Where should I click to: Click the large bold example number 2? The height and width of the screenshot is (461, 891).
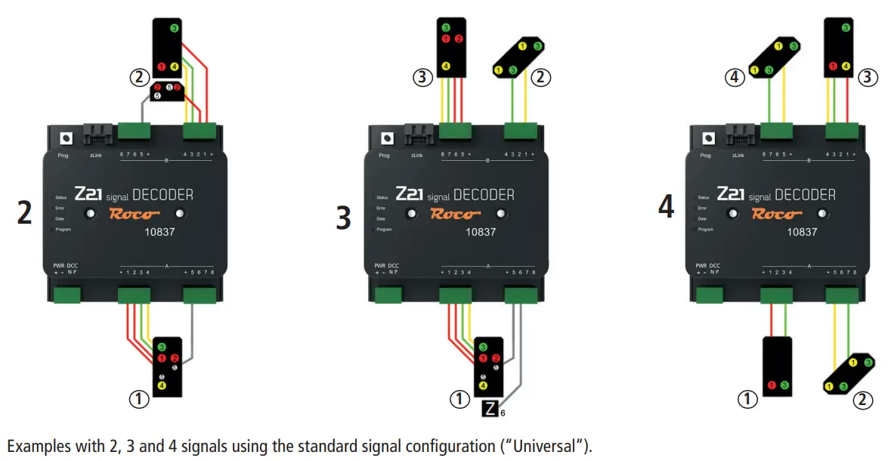(24, 213)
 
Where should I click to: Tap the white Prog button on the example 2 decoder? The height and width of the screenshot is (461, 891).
(66, 139)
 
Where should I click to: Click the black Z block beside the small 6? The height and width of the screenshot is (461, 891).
(490, 410)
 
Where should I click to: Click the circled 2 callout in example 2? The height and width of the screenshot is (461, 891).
(137, 76)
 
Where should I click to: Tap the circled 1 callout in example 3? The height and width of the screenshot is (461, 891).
(459, 399)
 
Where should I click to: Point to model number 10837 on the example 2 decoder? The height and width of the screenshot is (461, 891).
(159, 232)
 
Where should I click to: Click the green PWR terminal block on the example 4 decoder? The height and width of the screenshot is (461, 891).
(710, 294)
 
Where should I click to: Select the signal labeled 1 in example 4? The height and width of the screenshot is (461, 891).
(778, 365)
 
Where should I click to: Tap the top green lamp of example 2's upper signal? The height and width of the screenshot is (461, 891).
(175, 29)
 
